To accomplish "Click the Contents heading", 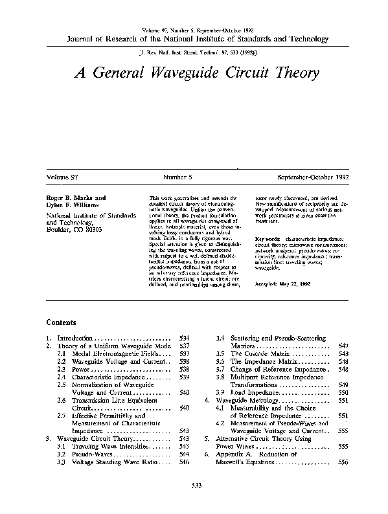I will click(62, 322).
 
